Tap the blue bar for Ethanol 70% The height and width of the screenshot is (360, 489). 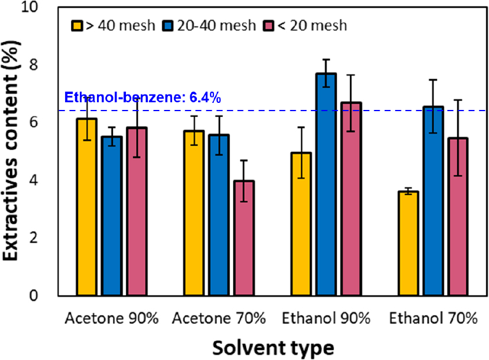coord(433,201)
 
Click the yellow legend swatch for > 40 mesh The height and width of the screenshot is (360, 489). coord(77,25)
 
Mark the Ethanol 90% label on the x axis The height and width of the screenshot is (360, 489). coord(326,319)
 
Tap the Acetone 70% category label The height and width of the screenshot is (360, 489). coord(219,319)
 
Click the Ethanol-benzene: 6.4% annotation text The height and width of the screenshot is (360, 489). coord(143,98)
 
